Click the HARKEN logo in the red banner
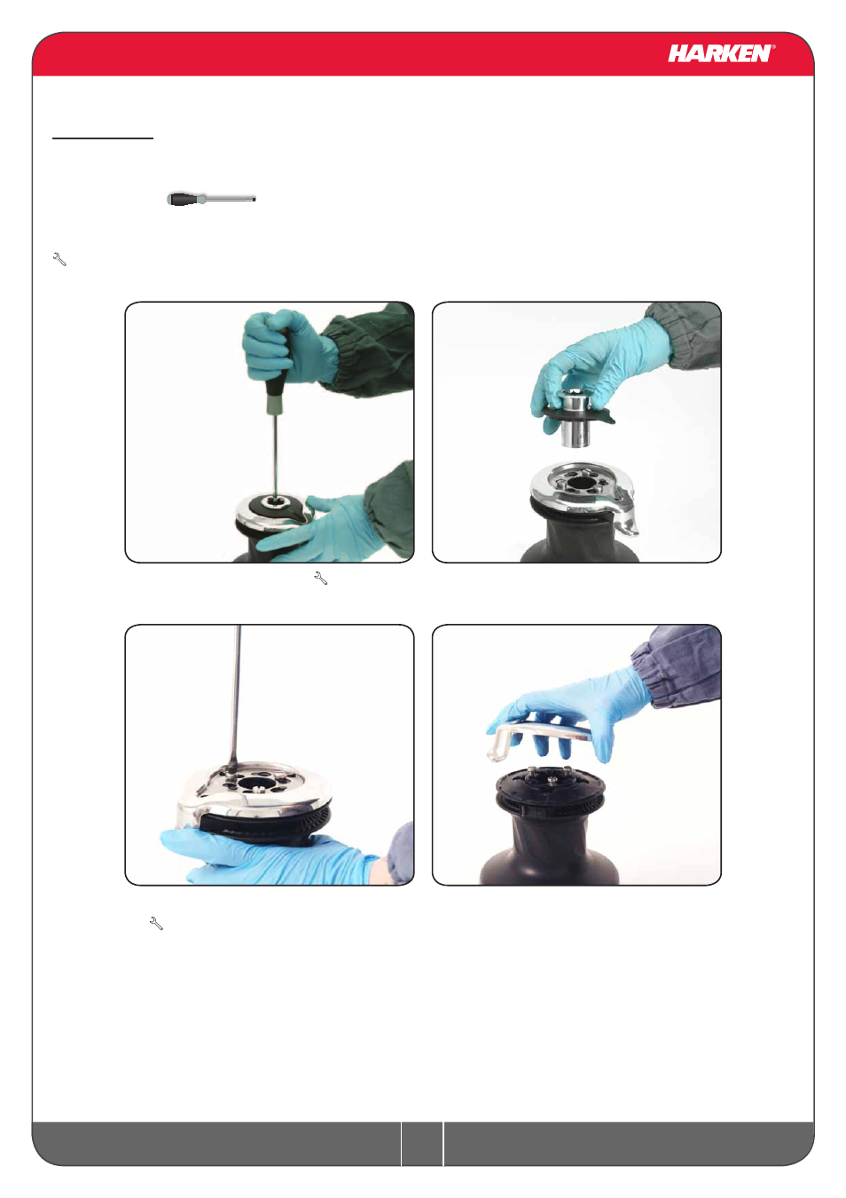720,53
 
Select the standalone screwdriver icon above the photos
211,199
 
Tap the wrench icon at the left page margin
59,259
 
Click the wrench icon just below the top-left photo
320,578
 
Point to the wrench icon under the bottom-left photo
156,924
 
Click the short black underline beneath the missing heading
103,138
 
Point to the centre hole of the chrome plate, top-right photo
579,484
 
